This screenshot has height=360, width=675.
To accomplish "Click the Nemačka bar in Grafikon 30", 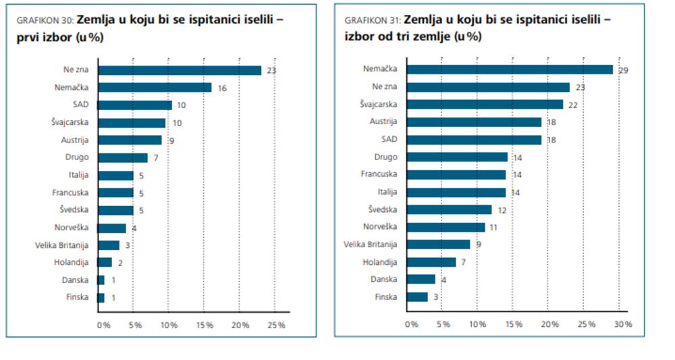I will tap(155, 88).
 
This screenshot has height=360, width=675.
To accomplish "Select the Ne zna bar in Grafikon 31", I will tap(487, 87).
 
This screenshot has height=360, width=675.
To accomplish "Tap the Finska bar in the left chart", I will tap(101, 298).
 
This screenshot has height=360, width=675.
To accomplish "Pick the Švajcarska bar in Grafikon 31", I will tap(484, 105).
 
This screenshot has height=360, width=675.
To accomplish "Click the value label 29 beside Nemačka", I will tap(623, 70).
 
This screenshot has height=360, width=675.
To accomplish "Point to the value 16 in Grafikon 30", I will tap(222, 88).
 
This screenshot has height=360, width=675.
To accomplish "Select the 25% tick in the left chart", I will tap(276, 325).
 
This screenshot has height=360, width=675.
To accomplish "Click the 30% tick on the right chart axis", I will tap(623, 324).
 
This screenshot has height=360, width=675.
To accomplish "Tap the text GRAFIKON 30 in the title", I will tap(45, 20).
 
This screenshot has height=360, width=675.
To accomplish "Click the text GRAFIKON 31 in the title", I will tap(373, 20).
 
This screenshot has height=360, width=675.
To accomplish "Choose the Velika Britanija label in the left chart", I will tap(61, 245).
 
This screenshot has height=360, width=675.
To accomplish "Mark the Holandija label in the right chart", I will tap(381, 262).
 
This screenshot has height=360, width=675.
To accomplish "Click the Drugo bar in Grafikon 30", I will tap(122, 157).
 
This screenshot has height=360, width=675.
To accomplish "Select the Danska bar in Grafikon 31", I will tap(421, 280).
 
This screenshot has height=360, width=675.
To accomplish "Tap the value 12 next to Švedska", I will tap(502, 210).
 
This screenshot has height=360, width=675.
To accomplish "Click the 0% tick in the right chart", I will tap(411, 324).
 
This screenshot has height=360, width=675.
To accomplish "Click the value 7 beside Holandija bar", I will tap(463, 262).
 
